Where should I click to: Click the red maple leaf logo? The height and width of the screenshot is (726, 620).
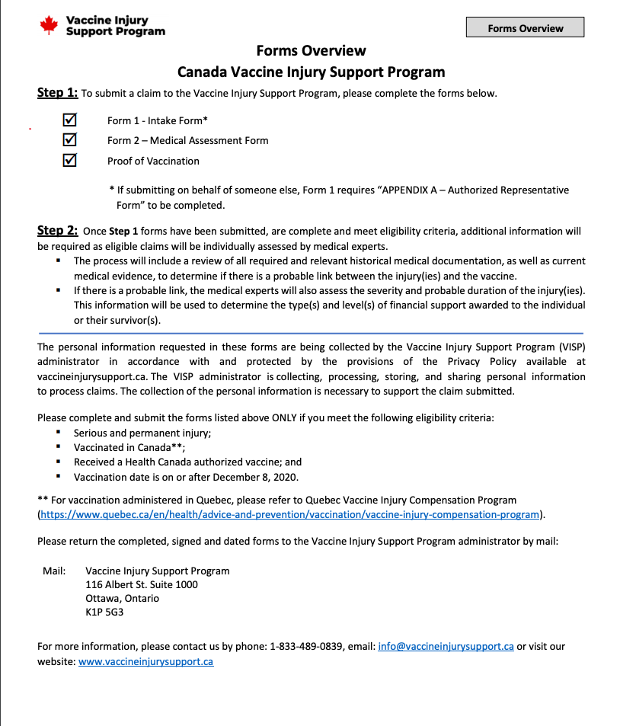(x=49, y=25)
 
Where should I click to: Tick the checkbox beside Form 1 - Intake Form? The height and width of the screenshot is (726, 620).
(x=70, y=120)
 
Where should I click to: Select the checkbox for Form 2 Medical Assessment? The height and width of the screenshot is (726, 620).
(x=70, y=139)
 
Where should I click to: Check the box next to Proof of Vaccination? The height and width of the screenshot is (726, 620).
(x=70, y=160)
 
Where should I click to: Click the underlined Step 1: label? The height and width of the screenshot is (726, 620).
(x=58, y=93)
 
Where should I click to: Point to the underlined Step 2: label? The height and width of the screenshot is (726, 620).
(x=58, y=231)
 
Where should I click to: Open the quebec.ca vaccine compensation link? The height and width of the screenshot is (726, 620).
(x=290, y=514)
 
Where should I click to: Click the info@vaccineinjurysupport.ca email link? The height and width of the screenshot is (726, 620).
(x=446, y=646)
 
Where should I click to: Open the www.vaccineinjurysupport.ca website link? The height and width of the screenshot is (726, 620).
(x=145, y=661)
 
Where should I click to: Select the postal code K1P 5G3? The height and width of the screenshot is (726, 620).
(x=104, y=612)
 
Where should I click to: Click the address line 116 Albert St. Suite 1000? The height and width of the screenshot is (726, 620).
(x=142, y=584)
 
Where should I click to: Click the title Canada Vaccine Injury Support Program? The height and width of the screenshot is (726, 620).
(x=311, y=72)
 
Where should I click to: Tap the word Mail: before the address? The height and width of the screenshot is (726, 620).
(x=54, y=571)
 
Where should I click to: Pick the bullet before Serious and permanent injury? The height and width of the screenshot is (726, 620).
(x=58, y=432)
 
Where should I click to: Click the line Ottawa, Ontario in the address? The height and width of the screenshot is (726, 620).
(x=123, y=598)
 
